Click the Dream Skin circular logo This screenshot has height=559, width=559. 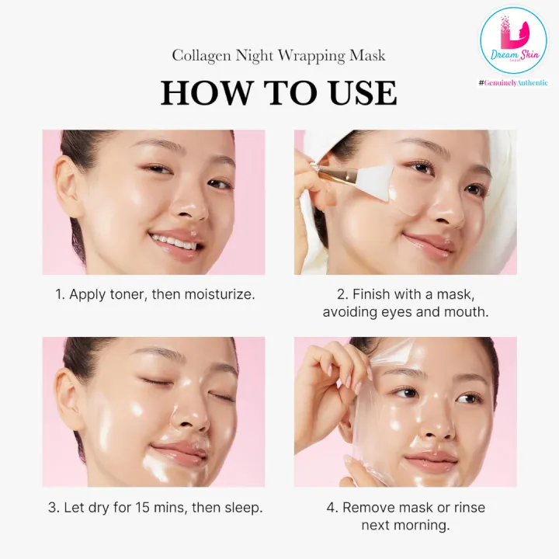[512, 40]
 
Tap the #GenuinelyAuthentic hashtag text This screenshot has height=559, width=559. [512, 82]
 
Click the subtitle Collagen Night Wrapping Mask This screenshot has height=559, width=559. [279, 56]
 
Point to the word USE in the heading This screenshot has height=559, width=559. [361, 93]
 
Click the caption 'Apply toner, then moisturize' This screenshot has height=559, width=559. [161, 295]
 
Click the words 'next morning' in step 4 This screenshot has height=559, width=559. [404, 526]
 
